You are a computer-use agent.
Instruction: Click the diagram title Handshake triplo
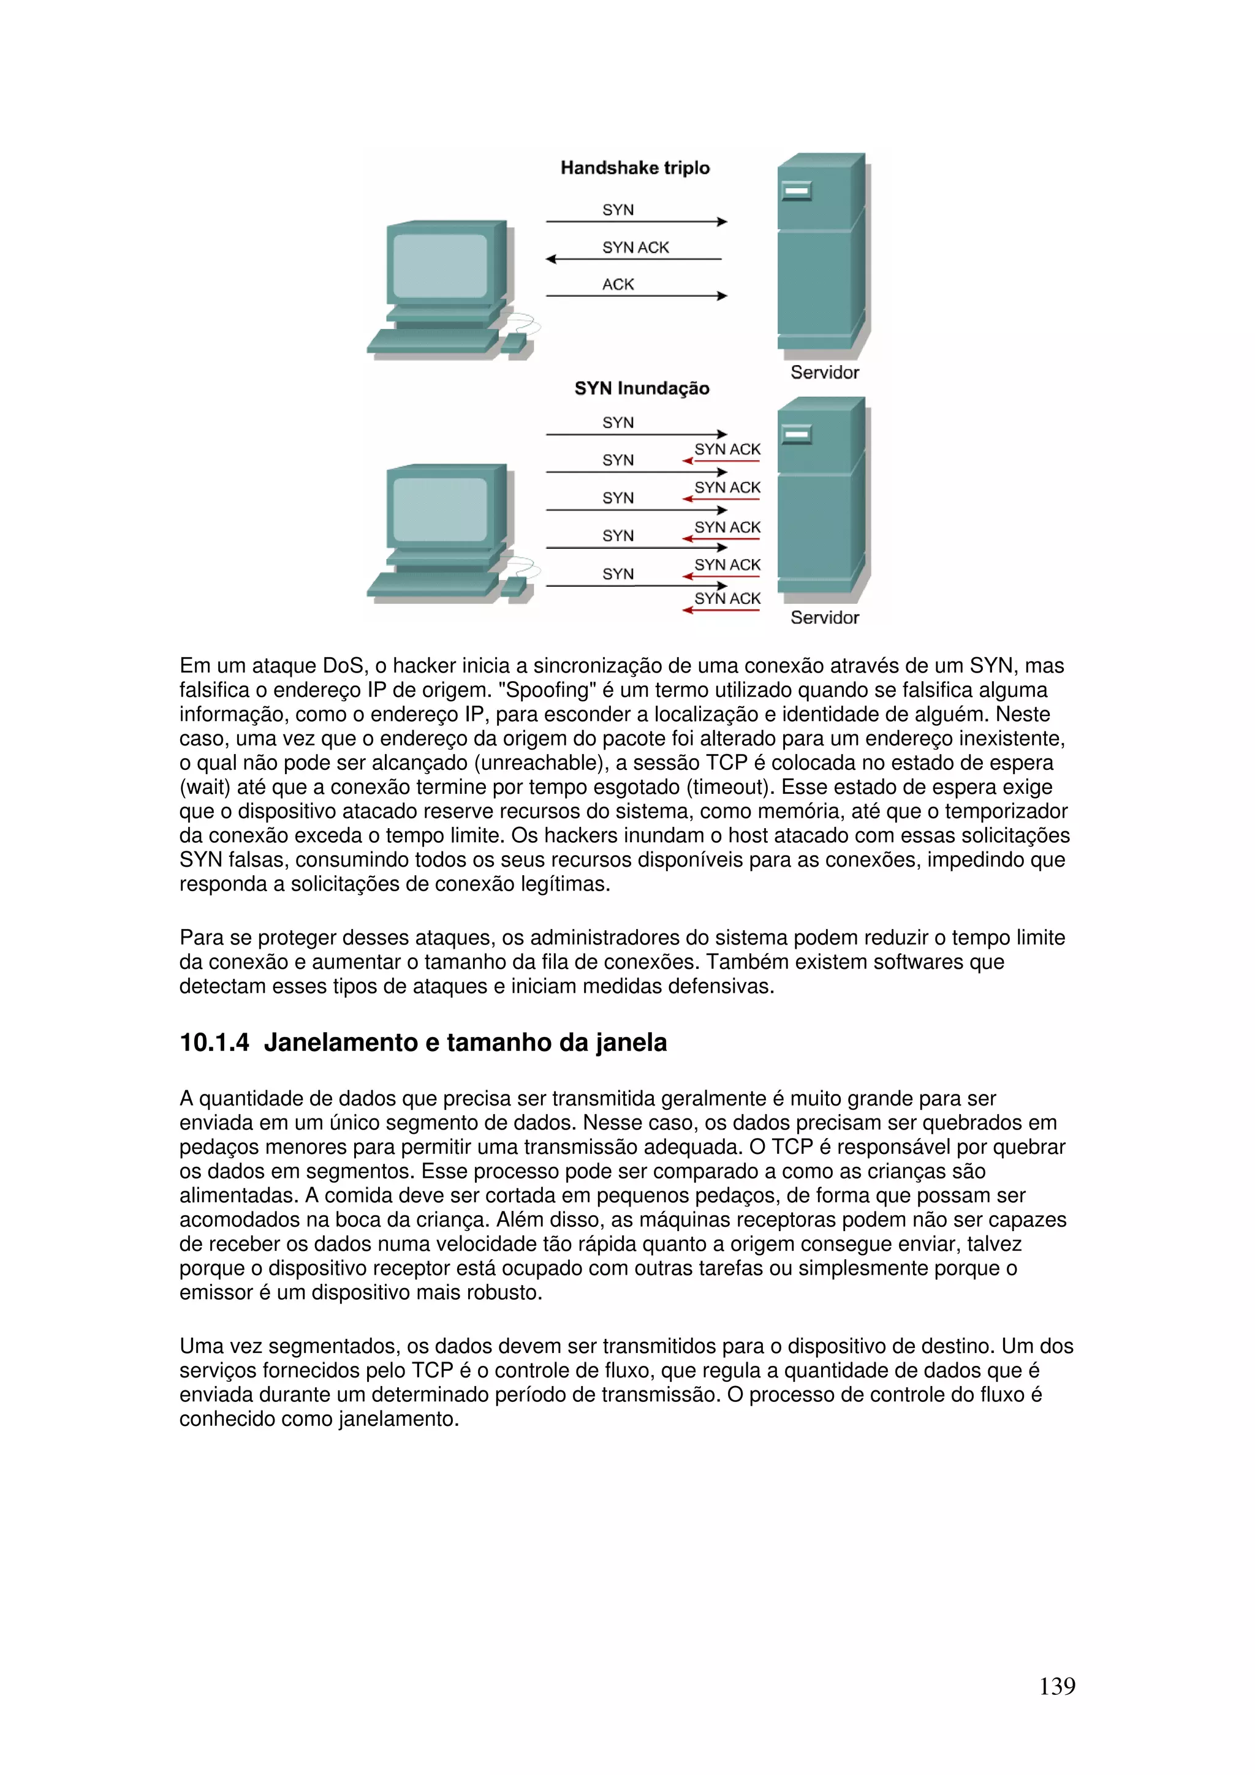[635, 168]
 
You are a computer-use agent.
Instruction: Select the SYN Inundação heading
[641, 388]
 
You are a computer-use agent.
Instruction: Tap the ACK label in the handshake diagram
[618, 284]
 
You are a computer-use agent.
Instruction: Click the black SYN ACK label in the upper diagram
[635, 247]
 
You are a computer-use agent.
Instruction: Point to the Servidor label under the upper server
[824, 372]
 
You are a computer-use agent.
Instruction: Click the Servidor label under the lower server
[824, 617]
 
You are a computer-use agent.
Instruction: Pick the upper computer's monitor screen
[440, 266]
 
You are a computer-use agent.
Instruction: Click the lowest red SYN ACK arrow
[721, 611]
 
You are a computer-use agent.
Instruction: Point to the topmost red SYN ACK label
[727, 449]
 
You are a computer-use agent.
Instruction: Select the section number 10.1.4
[214, 1043]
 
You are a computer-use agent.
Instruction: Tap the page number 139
[1056, 1686]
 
